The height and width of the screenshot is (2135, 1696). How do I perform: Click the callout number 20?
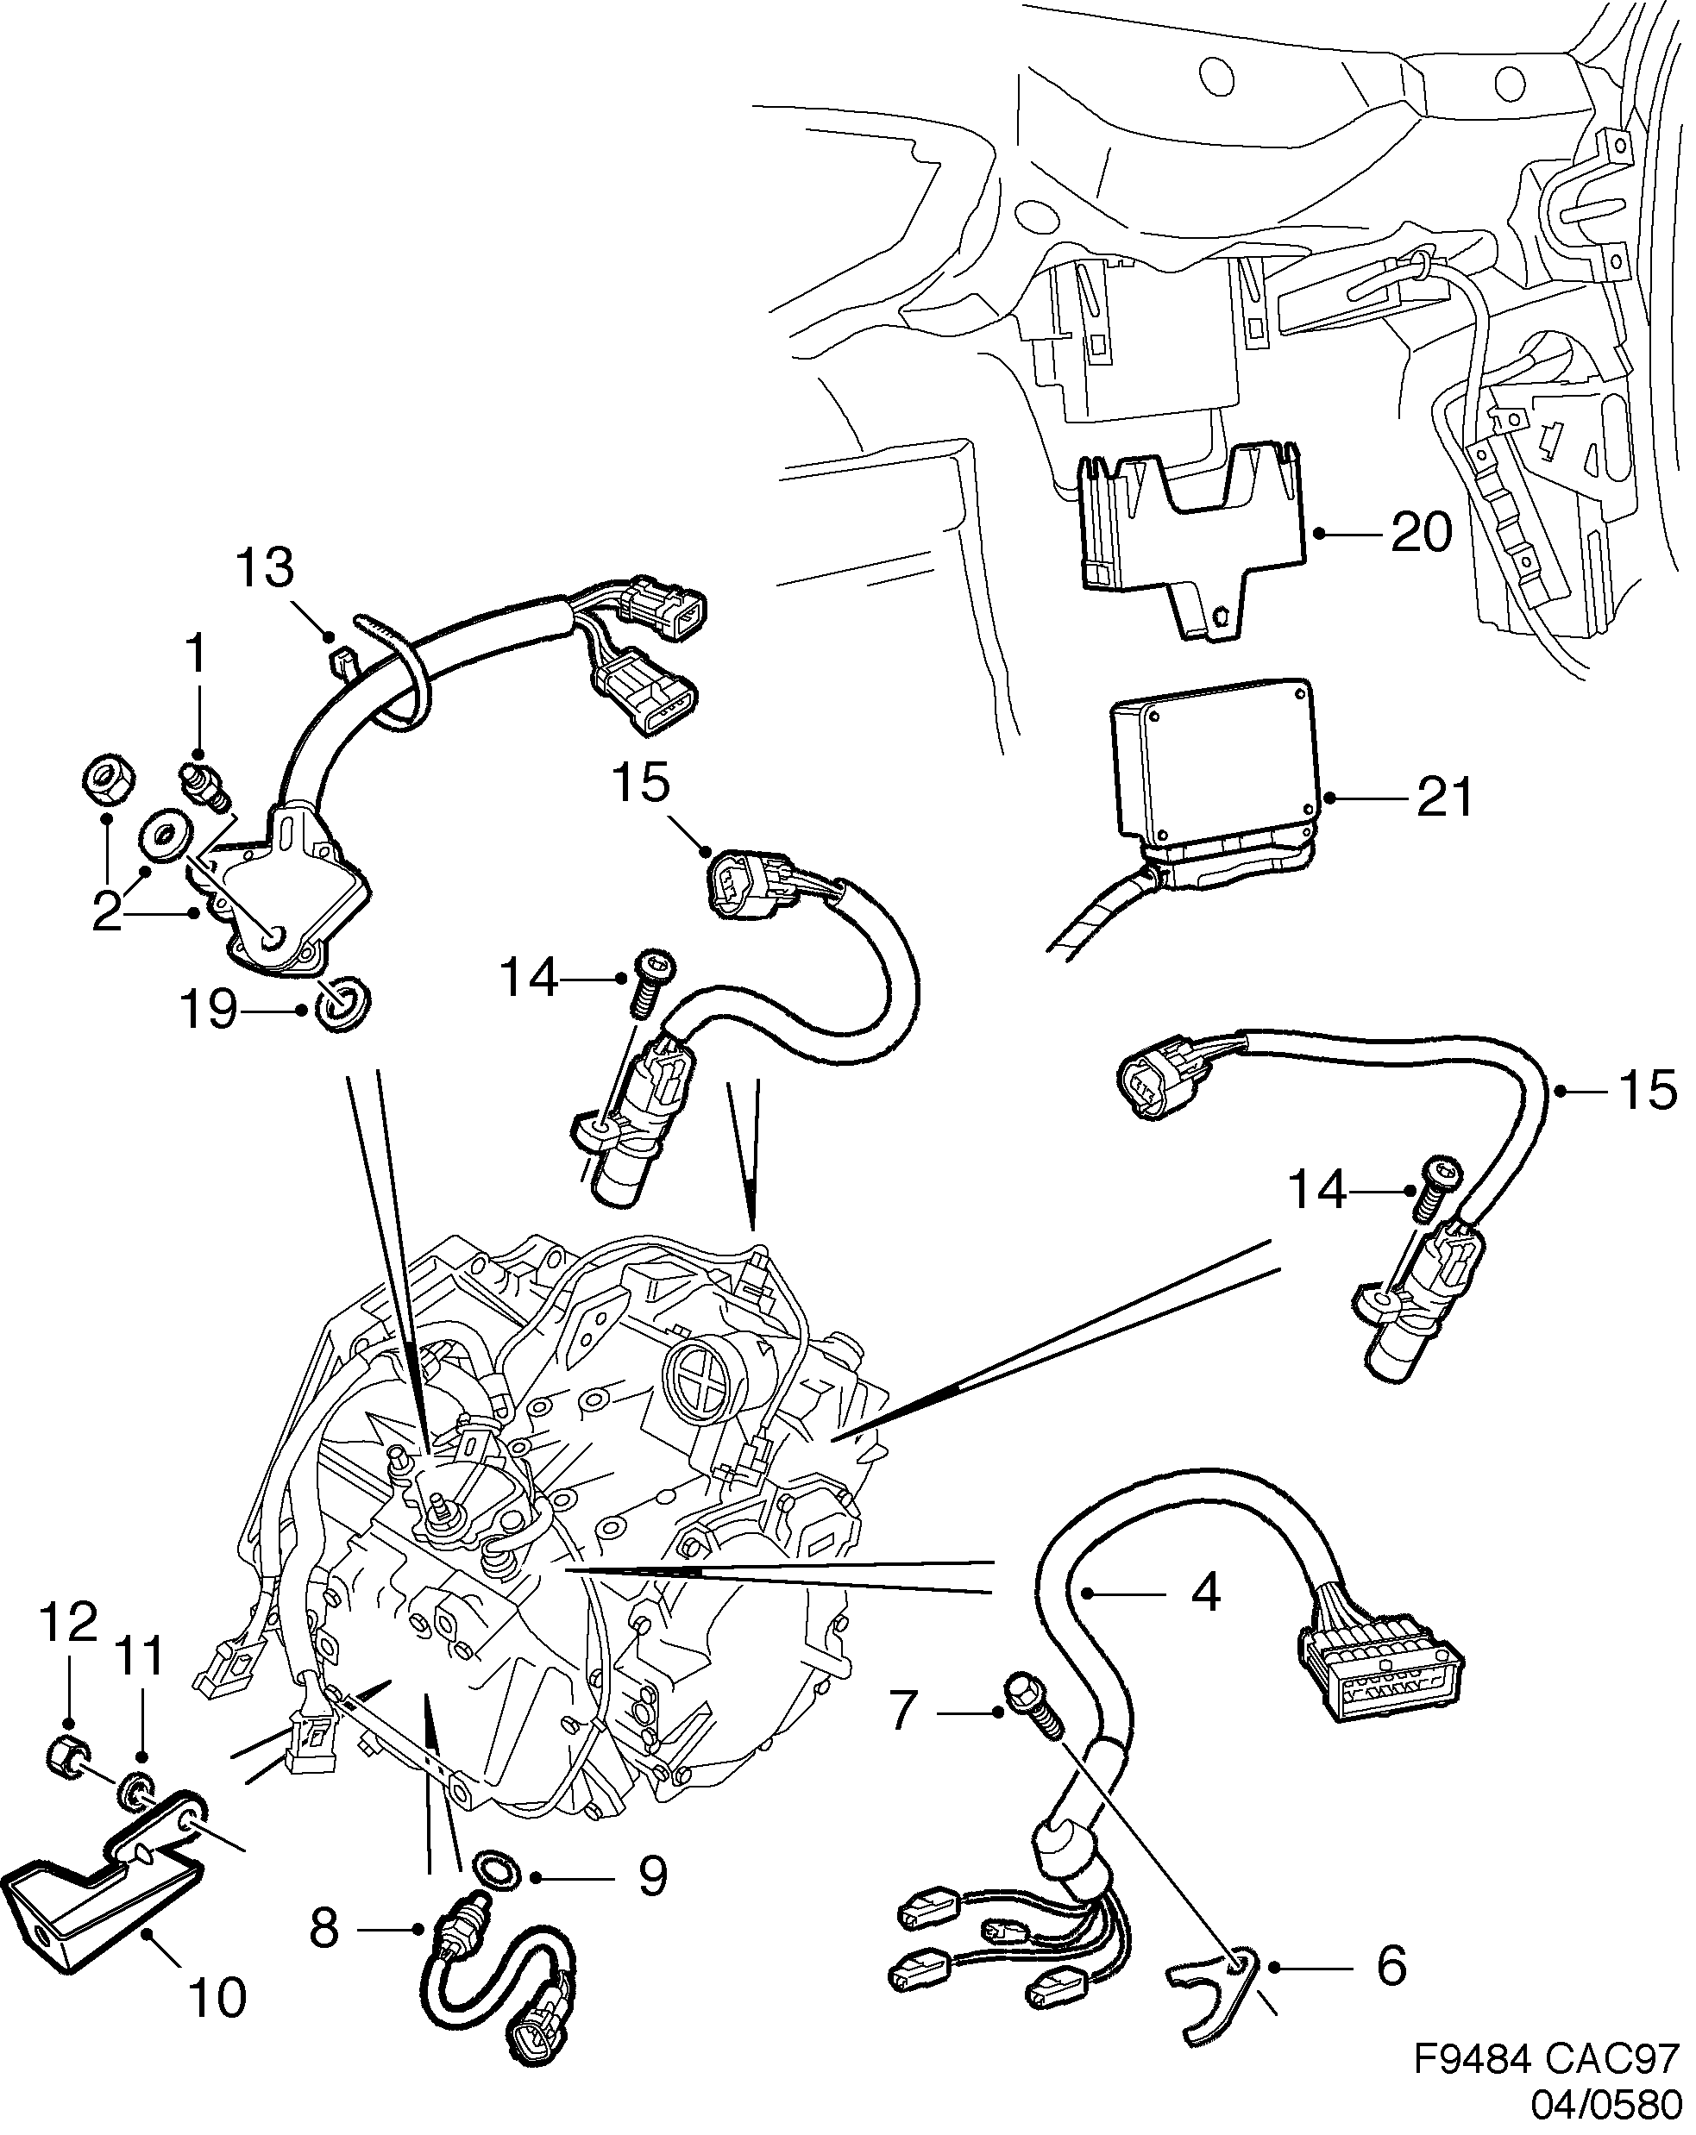click(1421, 533)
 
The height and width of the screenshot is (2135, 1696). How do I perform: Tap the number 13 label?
click(265, 568)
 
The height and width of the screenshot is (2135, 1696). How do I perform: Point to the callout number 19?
click(209, 1011)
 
